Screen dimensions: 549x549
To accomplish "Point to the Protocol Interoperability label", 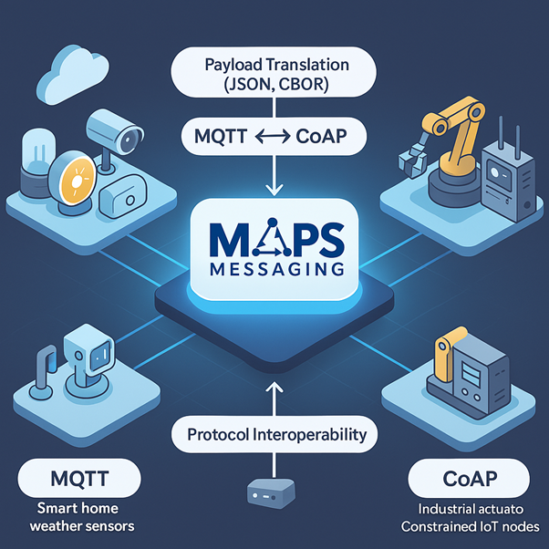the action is [x=275, y=434].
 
